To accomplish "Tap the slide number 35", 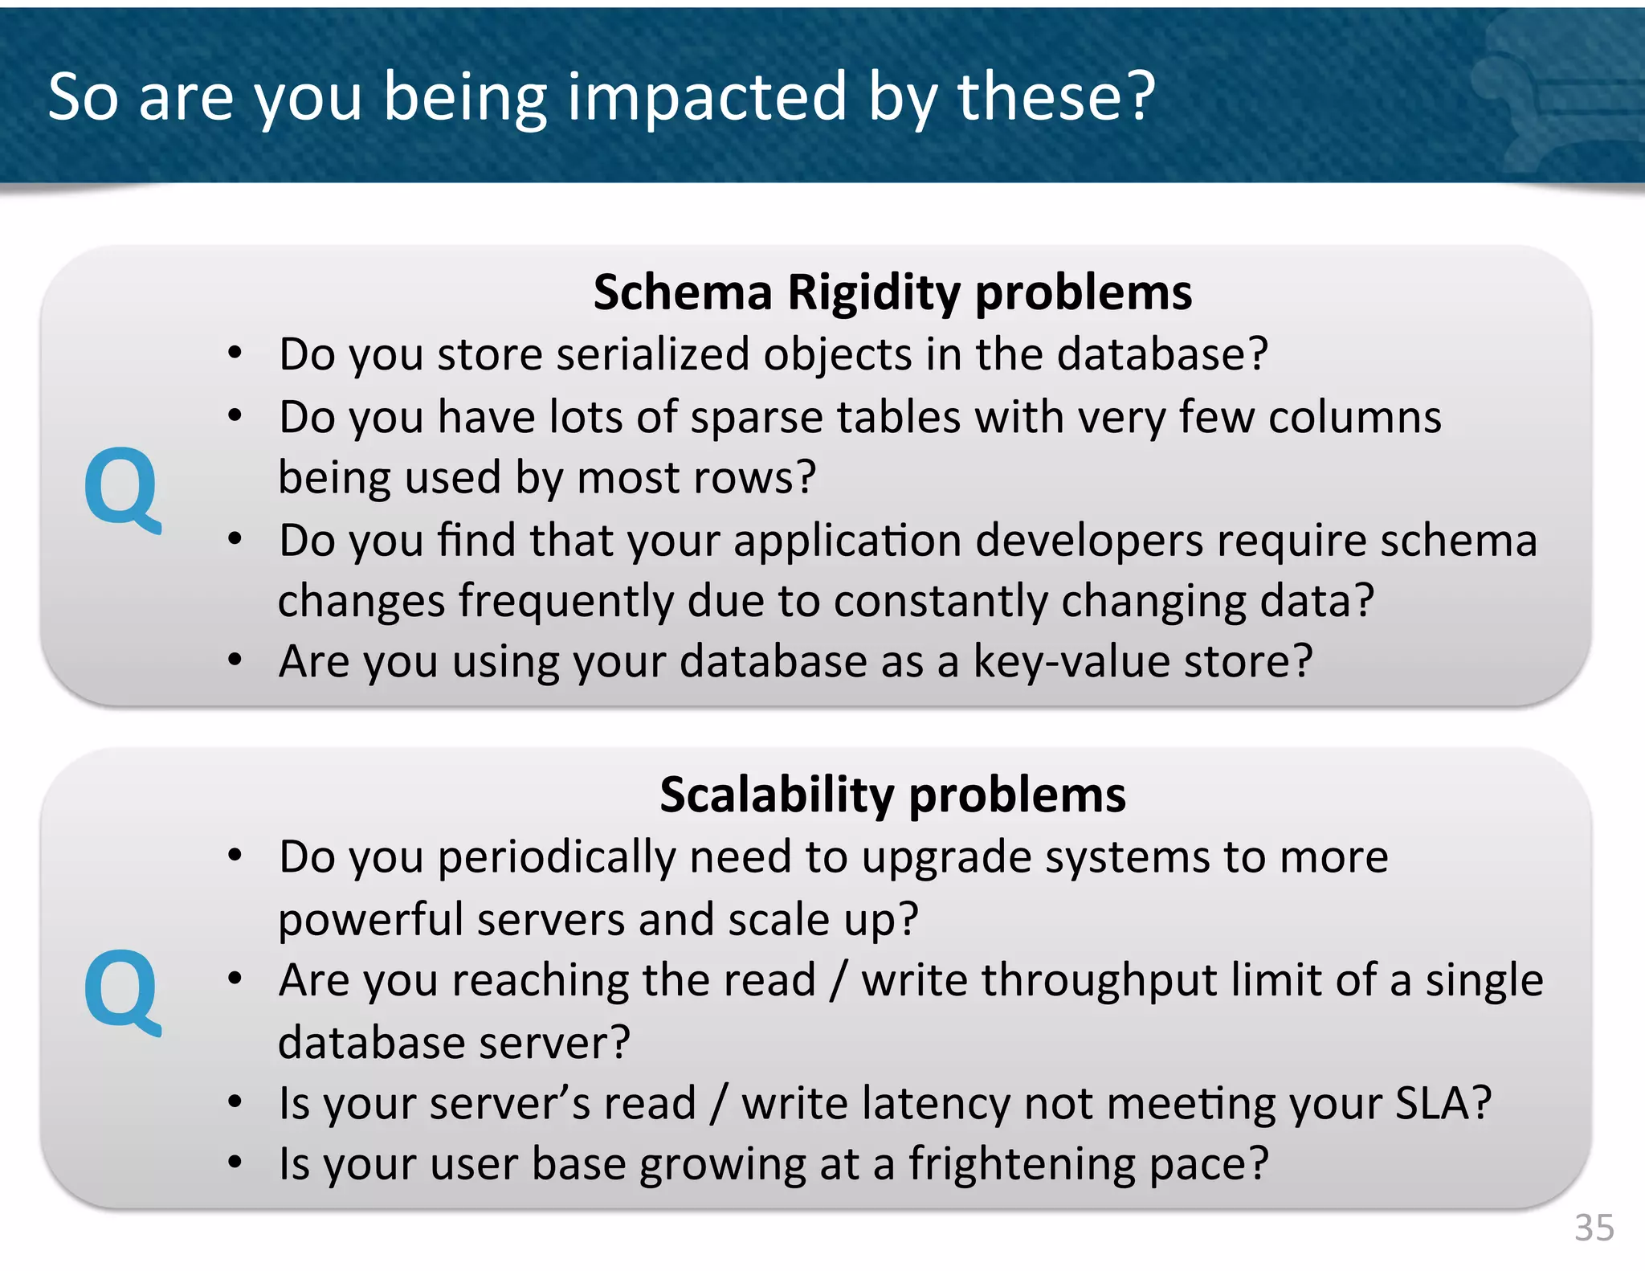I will (1594, 1228).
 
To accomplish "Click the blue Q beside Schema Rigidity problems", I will (123, 489).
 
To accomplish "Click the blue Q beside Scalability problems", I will (123, 992).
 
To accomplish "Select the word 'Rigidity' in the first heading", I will (874, 292).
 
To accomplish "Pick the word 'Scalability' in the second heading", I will (777, 795).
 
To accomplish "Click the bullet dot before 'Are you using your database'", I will (235, 660).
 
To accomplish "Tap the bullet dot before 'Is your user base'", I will (235, 1163).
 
